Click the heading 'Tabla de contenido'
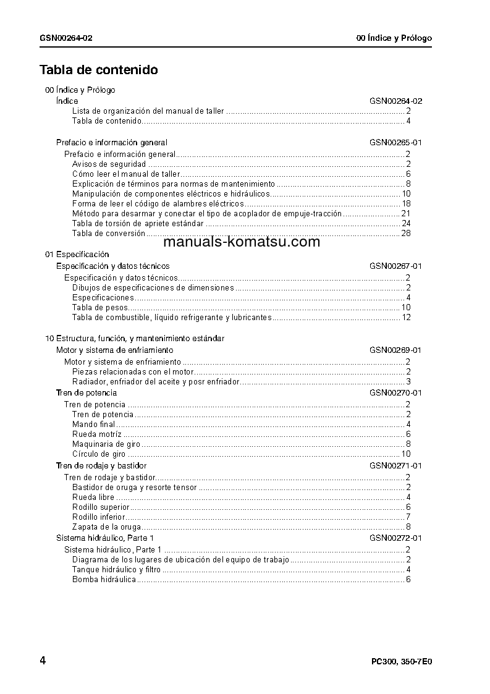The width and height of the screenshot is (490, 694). pyautogui.click(x=99, y=70)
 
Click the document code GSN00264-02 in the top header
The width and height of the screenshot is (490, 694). pyautogui.click(x=66, y=38)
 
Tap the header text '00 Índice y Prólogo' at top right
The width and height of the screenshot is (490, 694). pyautogui.click(x=394, y=38)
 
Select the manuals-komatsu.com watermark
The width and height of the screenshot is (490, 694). pyautogui.click(x=243, y=242)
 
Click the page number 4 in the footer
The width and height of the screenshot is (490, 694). pyautogui.click(x=43, y=661)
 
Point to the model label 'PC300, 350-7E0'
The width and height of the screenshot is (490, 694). pyautogui.click(x=401, y=661)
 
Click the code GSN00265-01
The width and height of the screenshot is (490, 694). pyautogui.click(x=395, y=143)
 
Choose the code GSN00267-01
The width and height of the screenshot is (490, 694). pyautogui.click(x=395, y=266)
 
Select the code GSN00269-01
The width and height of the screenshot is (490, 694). pyautogui.click(x=395, y=350)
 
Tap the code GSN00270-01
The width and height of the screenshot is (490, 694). pyautogui.click(x=395, y=393)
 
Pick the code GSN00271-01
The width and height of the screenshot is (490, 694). pyautogui.click(x=395, y=466)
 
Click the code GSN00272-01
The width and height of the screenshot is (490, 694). pyautogui.click(x=395, y=538)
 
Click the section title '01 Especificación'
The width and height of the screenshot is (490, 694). pyautogui.click(x=77, y=255)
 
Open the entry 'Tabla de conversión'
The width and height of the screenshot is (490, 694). pyautogui.click(x=108, y=234)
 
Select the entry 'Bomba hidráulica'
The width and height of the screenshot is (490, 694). pyautogui.click(x=104, y=580)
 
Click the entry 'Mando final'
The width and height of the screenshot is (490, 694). pyautogui.click(x=93, y=425)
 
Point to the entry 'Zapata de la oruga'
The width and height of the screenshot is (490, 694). pyautogui.click(x=106, y=527)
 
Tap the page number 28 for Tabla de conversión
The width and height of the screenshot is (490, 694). pyautogui.click(x=406, y=234)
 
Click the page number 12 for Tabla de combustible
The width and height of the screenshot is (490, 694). pyautogui.click(x=406, y=318)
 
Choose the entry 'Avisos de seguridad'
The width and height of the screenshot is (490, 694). pyautogui.click(x=109, y=164)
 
